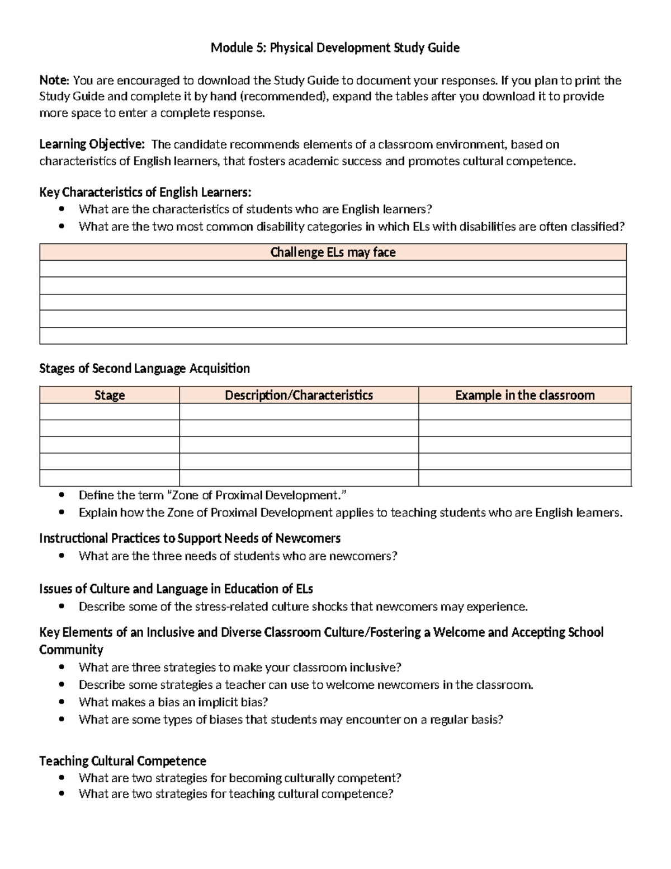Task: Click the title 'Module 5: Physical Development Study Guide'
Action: pos(335,48)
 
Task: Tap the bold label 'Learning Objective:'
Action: pos(92,144)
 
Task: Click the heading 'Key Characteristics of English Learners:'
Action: pos(145,192)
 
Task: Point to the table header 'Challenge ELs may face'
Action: pos(333,252)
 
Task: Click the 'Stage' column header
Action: pos(110,395)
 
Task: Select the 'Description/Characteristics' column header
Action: pos(299,395)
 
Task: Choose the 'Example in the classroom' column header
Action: pos(524,395)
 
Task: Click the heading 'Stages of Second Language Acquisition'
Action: pos(144,368)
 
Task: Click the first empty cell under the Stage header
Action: pos(110,412)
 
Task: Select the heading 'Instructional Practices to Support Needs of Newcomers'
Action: pos(190,538)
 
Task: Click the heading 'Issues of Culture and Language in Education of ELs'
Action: pos(176,589)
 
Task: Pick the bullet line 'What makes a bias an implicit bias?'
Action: pos(173,702)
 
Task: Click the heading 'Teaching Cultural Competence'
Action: pos(122,761)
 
